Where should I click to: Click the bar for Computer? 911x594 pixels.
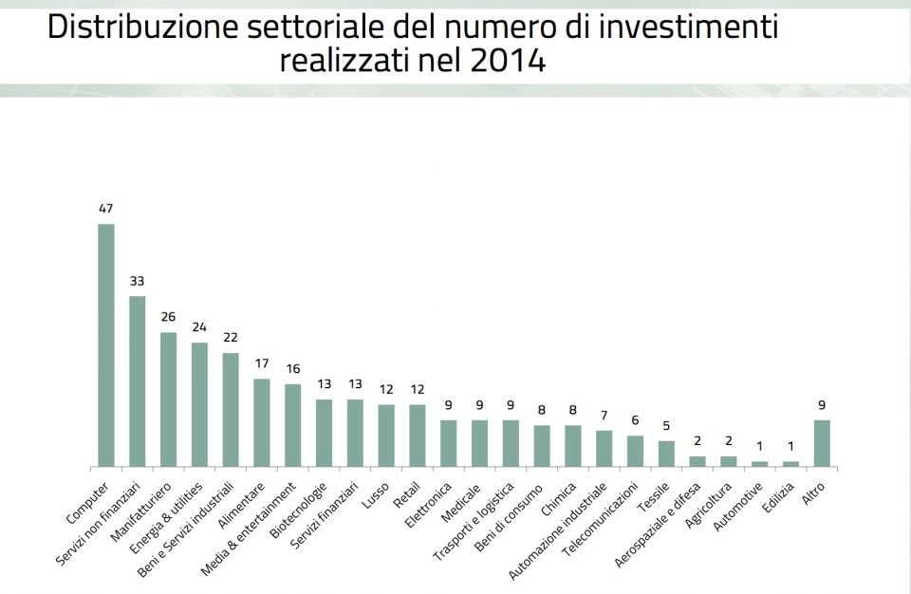(x=106, y=345)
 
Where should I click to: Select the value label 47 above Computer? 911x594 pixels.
(x=106, y=208)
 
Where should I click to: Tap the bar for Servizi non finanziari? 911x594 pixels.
(x=138, y=381)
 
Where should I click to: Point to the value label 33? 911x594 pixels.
(x=138, y=281)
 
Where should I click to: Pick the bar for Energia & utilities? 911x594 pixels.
(x=199, y=405)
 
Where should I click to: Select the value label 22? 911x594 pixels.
(x=231, y=338)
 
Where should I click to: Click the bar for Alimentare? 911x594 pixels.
(x=262, y=423)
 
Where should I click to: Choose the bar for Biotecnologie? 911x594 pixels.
(x=325, y=434)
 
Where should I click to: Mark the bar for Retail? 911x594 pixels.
(x=418, y=436)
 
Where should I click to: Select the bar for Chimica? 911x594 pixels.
(x=573, y=446)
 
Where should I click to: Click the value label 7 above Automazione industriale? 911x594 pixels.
(x=604, y=416)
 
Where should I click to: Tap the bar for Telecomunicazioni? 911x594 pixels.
(x=636, y=452)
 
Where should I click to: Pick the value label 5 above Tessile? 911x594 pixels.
(x=666, y=426)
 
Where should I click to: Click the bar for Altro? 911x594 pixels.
(x=822, y=443)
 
